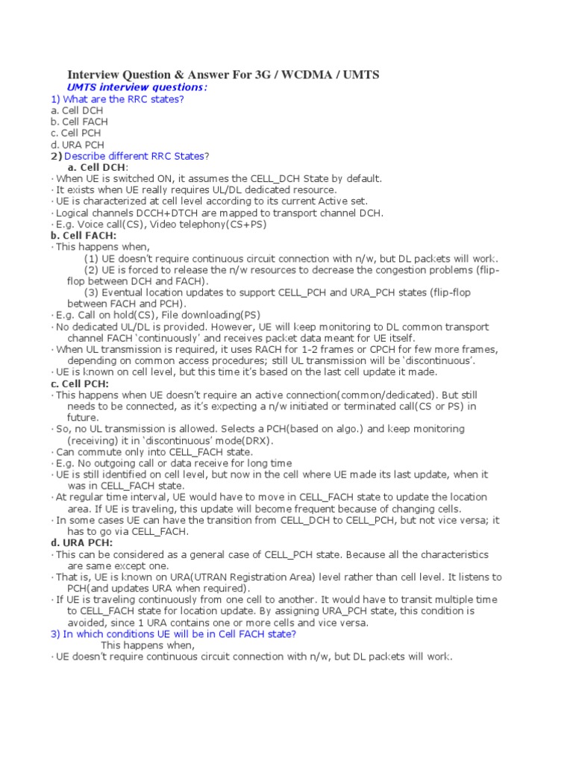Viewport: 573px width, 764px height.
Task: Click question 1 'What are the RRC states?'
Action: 117,99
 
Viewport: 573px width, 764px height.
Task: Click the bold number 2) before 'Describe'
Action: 57,156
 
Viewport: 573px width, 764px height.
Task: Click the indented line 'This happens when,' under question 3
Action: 148,645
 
